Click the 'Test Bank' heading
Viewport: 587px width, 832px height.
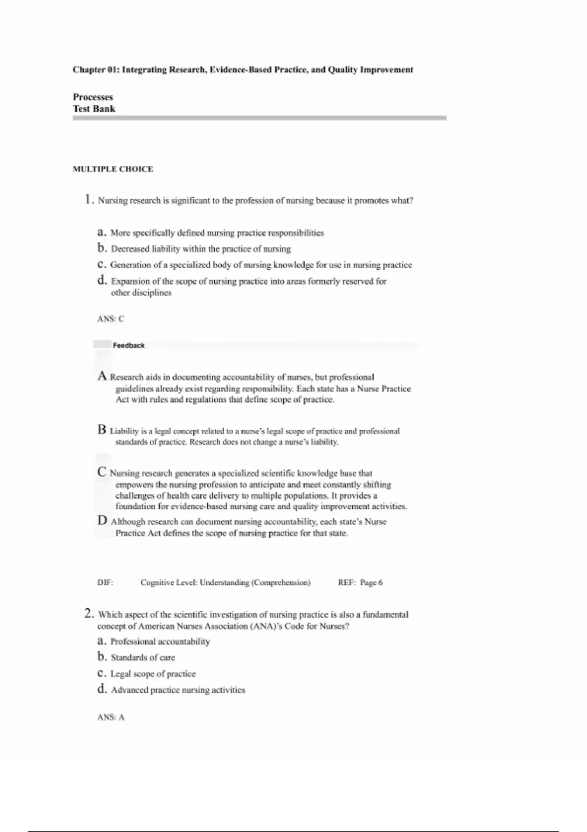tap(94, 109)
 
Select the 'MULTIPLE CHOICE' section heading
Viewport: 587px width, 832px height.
tap(113, 169)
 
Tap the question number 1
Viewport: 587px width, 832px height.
tap(88, 200)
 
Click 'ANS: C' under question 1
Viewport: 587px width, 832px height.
tap(111, 319)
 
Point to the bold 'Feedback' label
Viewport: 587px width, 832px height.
tap(129, 346)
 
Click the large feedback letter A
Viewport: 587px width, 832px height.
tap(102, 376)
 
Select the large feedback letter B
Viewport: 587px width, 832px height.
tap(102, 430)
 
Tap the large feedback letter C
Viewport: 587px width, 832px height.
tap(102, 472)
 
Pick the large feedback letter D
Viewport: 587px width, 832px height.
tap(102, 521)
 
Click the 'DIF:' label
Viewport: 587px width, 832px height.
tap(105, 583)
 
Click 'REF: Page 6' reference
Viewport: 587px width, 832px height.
tap(361, 583)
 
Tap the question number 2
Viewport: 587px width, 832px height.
tap(89, 614)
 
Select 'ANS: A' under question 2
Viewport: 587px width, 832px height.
tap(111, 717)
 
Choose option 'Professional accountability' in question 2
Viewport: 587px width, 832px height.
tap(160, 642)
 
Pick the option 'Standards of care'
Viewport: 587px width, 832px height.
tap(143, 658)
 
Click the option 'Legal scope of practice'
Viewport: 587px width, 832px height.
tap(153, 674)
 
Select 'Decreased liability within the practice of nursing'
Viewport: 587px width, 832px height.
tap(201, 249)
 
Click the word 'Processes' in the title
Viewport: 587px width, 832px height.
tap(93, 97)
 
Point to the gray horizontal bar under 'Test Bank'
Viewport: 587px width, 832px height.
tap(259, 118)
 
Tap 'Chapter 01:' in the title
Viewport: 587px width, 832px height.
tap(96, 70)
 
